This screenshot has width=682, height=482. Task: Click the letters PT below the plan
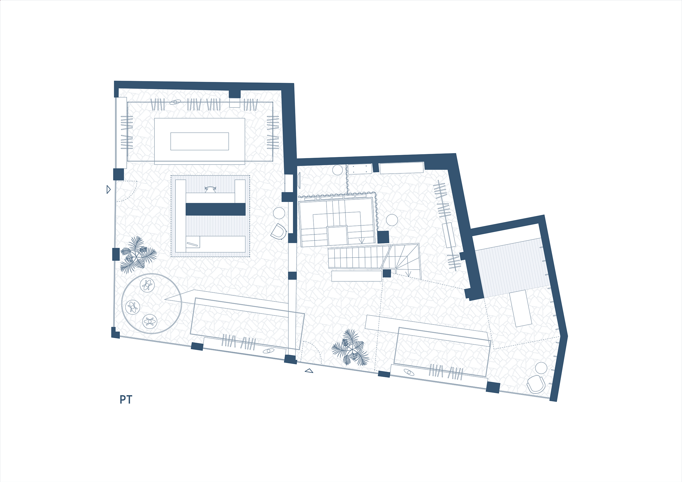tap(126, 400)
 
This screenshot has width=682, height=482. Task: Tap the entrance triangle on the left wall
tap(108, 189)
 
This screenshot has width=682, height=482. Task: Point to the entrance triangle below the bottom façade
tap(309, 371)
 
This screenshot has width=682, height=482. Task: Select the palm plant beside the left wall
tap(138, 255)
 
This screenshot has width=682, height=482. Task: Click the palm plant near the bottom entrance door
tap(350, 347)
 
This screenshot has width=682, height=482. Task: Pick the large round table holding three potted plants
tap(151, 303)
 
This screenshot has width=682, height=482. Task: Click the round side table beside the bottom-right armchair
tap(541, 368)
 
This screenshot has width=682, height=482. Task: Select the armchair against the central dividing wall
tap(279, 232)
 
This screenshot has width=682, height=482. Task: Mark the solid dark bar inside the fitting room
tap(216, 209)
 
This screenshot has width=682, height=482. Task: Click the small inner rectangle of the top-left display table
tap(200, 141)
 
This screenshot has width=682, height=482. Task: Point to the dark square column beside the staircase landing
tap(383, 237)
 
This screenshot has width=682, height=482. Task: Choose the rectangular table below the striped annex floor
tap(520, 308)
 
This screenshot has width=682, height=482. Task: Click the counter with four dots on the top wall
tap(360, 169)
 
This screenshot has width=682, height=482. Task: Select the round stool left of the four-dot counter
tap(338, 170)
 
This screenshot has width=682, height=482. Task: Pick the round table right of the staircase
tap(392, 220)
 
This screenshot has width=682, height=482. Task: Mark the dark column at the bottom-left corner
tap(115, 333)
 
